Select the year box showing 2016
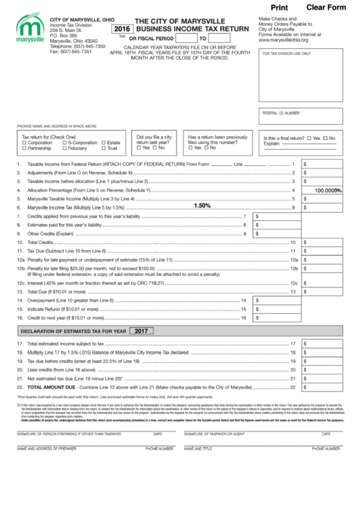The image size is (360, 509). (x=122, y=29)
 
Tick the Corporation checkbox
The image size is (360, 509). (x=24, y=143)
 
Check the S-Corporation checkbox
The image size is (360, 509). (x=65, y=143)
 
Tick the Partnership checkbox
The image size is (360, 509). (x=24, y=148)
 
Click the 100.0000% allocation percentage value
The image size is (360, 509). (x=327, y=190)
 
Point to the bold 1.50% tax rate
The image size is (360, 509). (x=202, y=205)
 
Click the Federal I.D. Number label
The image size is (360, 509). (x=280, y=113)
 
